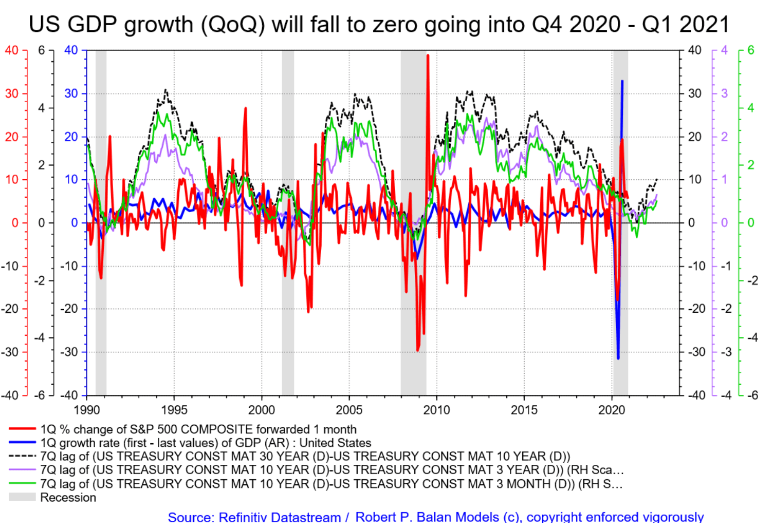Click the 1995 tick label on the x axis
[174, 410]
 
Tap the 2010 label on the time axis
[436, 410]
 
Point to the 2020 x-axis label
[612, 410]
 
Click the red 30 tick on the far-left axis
[11, 93]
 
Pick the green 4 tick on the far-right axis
[751, 108]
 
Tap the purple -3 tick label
[725, 352]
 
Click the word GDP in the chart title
[93, 25]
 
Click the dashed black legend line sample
[22, 456]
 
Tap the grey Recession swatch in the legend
[22, 497]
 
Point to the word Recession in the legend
[68, 497]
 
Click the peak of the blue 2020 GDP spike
[622, 81]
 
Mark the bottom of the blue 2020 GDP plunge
[618, 358]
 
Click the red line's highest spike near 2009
[428, 55]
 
